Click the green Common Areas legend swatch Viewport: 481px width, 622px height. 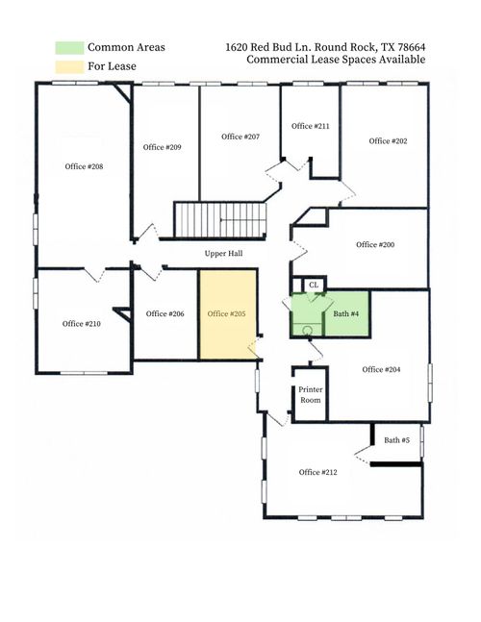point(69,47)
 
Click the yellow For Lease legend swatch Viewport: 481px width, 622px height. point(69,65)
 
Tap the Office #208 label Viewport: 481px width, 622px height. point(83,166)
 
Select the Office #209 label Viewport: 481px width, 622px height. point(162,147)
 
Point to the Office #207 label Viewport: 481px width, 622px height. point(240,137)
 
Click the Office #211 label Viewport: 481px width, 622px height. point(310,126)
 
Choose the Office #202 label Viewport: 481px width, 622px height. point(388,141)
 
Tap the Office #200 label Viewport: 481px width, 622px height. point(375,244)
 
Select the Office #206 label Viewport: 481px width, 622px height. point(165,313)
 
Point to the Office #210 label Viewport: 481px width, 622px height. point(82,324)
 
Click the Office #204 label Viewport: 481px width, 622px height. point(381,369)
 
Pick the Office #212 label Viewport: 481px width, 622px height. point(317,472)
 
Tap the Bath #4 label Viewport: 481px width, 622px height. point(346,314)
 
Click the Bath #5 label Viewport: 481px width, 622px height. point(396,440)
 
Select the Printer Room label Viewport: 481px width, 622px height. point(310,394)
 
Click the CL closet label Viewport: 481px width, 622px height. point(314,285)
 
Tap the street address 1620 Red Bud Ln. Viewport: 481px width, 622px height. point(269,46)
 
